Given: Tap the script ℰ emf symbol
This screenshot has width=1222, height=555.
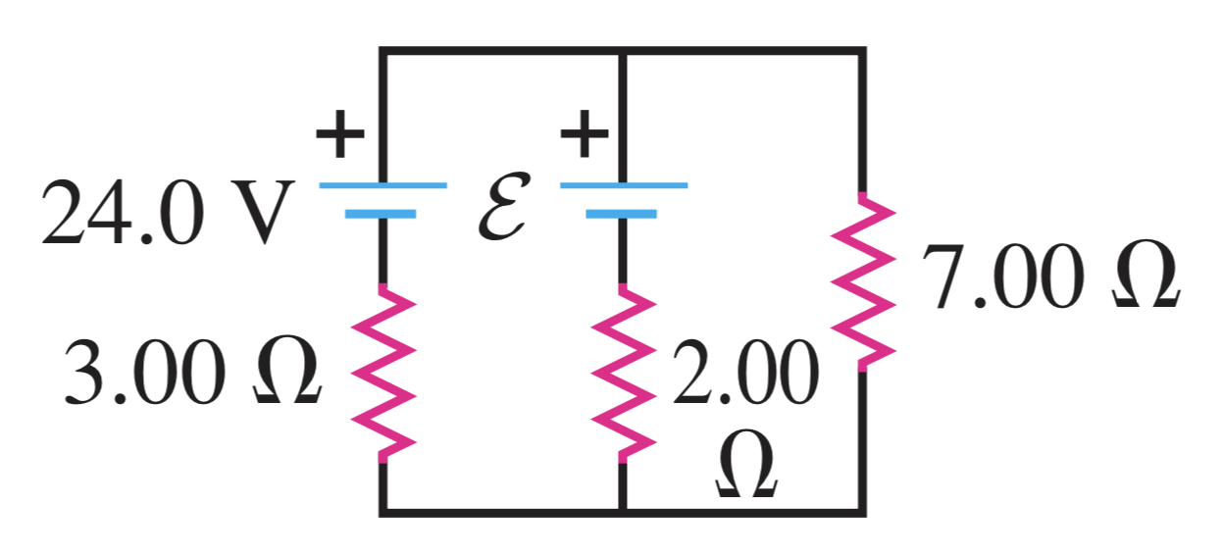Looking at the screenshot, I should pyautogui.click(x=504, y=207).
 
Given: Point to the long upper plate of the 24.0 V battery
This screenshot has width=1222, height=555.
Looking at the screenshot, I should pyautogui.click(x=382, y=184).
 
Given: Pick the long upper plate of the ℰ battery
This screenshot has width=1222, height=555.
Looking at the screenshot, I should pyautogui.click(x=624, y=184).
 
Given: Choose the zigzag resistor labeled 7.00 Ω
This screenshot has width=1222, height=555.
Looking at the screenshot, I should pyautogui.click(x=863, y=279).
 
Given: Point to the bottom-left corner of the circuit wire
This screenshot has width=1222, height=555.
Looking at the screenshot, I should pyautogui.click(x=382, y=511).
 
